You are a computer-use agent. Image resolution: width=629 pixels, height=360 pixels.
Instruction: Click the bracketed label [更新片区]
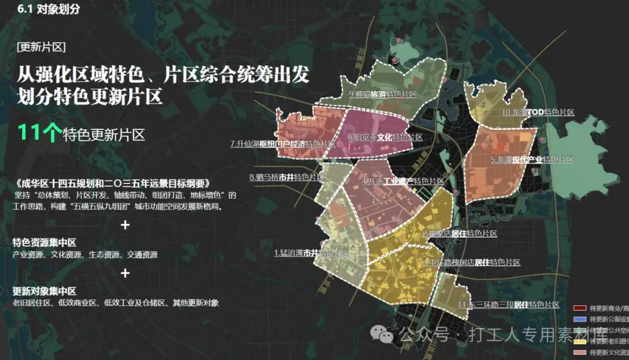click(x=41, y=47)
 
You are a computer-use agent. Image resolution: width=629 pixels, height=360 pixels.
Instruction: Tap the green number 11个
click(x=38, y=133)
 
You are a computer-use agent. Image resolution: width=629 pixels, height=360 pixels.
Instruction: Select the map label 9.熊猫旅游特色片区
click(x=382, y=94)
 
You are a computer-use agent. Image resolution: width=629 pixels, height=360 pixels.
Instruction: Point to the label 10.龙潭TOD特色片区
click(x=538, y=112)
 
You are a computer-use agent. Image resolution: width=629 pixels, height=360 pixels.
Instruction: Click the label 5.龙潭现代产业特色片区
click(x=532, y=160)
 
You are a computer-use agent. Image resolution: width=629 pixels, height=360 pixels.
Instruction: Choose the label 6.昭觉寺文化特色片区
click(x=385, y=138)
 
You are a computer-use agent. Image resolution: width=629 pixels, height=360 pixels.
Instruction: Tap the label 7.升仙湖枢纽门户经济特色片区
click(x=283, y=143)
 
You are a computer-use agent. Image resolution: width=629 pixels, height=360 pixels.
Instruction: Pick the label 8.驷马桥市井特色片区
click(x=286, y=177)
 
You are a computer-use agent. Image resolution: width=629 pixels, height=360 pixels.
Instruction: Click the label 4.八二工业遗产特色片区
click(x=402, y=182)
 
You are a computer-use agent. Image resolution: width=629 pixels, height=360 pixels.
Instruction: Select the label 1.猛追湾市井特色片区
click(x=311, y=253)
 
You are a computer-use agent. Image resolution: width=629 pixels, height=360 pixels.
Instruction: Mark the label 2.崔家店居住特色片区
click(x=460, y=234)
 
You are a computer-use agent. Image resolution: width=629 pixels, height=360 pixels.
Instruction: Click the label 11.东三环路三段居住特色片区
click(x=508, y=305)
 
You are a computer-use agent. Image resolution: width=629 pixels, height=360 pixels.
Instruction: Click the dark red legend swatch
click(x=579, y=308)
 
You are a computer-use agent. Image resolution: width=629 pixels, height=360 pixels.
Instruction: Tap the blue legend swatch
click(x=579, y=319)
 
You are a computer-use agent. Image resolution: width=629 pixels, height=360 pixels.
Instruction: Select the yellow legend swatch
click(x=579, y=341)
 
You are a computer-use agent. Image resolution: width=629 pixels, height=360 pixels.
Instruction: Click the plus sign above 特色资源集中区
click(x=125, y=225)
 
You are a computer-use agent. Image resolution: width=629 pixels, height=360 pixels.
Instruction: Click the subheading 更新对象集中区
click(x=45, y=291)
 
